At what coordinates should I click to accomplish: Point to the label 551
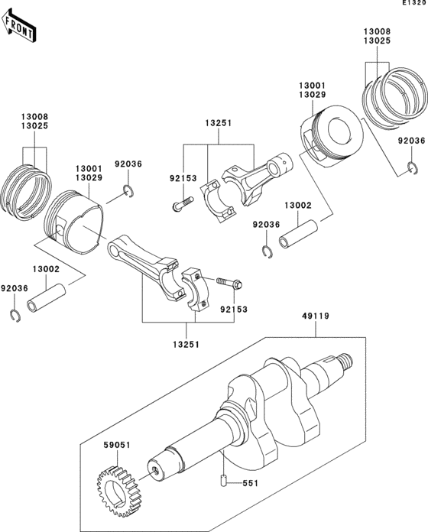pos(251,484)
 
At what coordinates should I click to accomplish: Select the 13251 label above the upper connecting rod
pos(218,122)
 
